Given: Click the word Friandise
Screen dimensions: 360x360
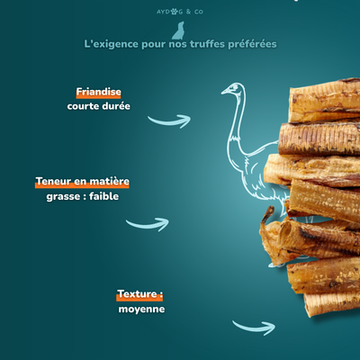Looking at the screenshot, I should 99,92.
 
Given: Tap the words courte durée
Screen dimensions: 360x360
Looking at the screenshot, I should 98,106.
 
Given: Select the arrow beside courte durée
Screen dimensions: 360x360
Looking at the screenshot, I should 169,120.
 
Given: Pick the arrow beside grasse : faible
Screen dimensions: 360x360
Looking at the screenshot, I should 147,223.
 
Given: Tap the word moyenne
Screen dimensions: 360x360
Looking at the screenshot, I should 141,309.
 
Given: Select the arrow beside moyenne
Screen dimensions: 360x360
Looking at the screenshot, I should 254,327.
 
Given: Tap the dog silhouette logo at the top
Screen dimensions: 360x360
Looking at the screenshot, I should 179,30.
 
